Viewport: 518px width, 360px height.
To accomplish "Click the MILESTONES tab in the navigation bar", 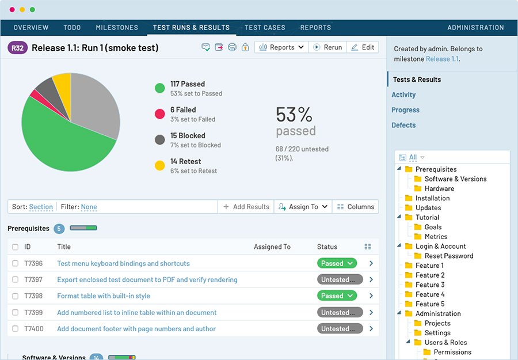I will [x=117, y=27].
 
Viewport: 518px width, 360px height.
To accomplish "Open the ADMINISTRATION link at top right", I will [x=475, y=27].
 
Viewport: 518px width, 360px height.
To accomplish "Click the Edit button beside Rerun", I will [x=363, y=47].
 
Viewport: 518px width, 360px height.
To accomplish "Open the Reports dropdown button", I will [x=281, y=47].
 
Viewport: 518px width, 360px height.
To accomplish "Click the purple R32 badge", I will [x=18, y=48].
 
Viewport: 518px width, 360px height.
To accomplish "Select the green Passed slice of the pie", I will [x=63, y=144].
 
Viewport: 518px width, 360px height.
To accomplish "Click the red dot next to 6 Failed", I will [x=160, y=114].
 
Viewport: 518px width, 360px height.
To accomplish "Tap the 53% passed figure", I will [x=295, y=120].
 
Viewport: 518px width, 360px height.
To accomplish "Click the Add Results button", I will [x=246, y=207].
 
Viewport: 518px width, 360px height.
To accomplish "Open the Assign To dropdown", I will [x=303, y=207].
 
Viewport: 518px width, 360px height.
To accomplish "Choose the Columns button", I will [x=355, y=207].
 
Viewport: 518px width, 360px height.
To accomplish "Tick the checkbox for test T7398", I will [x=16, y=296].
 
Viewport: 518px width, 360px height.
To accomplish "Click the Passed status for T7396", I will [x=337, y=263].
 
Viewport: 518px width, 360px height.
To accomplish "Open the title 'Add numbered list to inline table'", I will [x=137, y=312].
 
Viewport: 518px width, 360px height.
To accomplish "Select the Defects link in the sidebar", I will [x=403, y=125].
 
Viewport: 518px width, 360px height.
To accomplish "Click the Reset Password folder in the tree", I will [x=448, y=256].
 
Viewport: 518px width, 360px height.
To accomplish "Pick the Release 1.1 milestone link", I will [x=441, y=59].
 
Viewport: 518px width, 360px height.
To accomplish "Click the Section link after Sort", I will [x=41, y=207].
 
